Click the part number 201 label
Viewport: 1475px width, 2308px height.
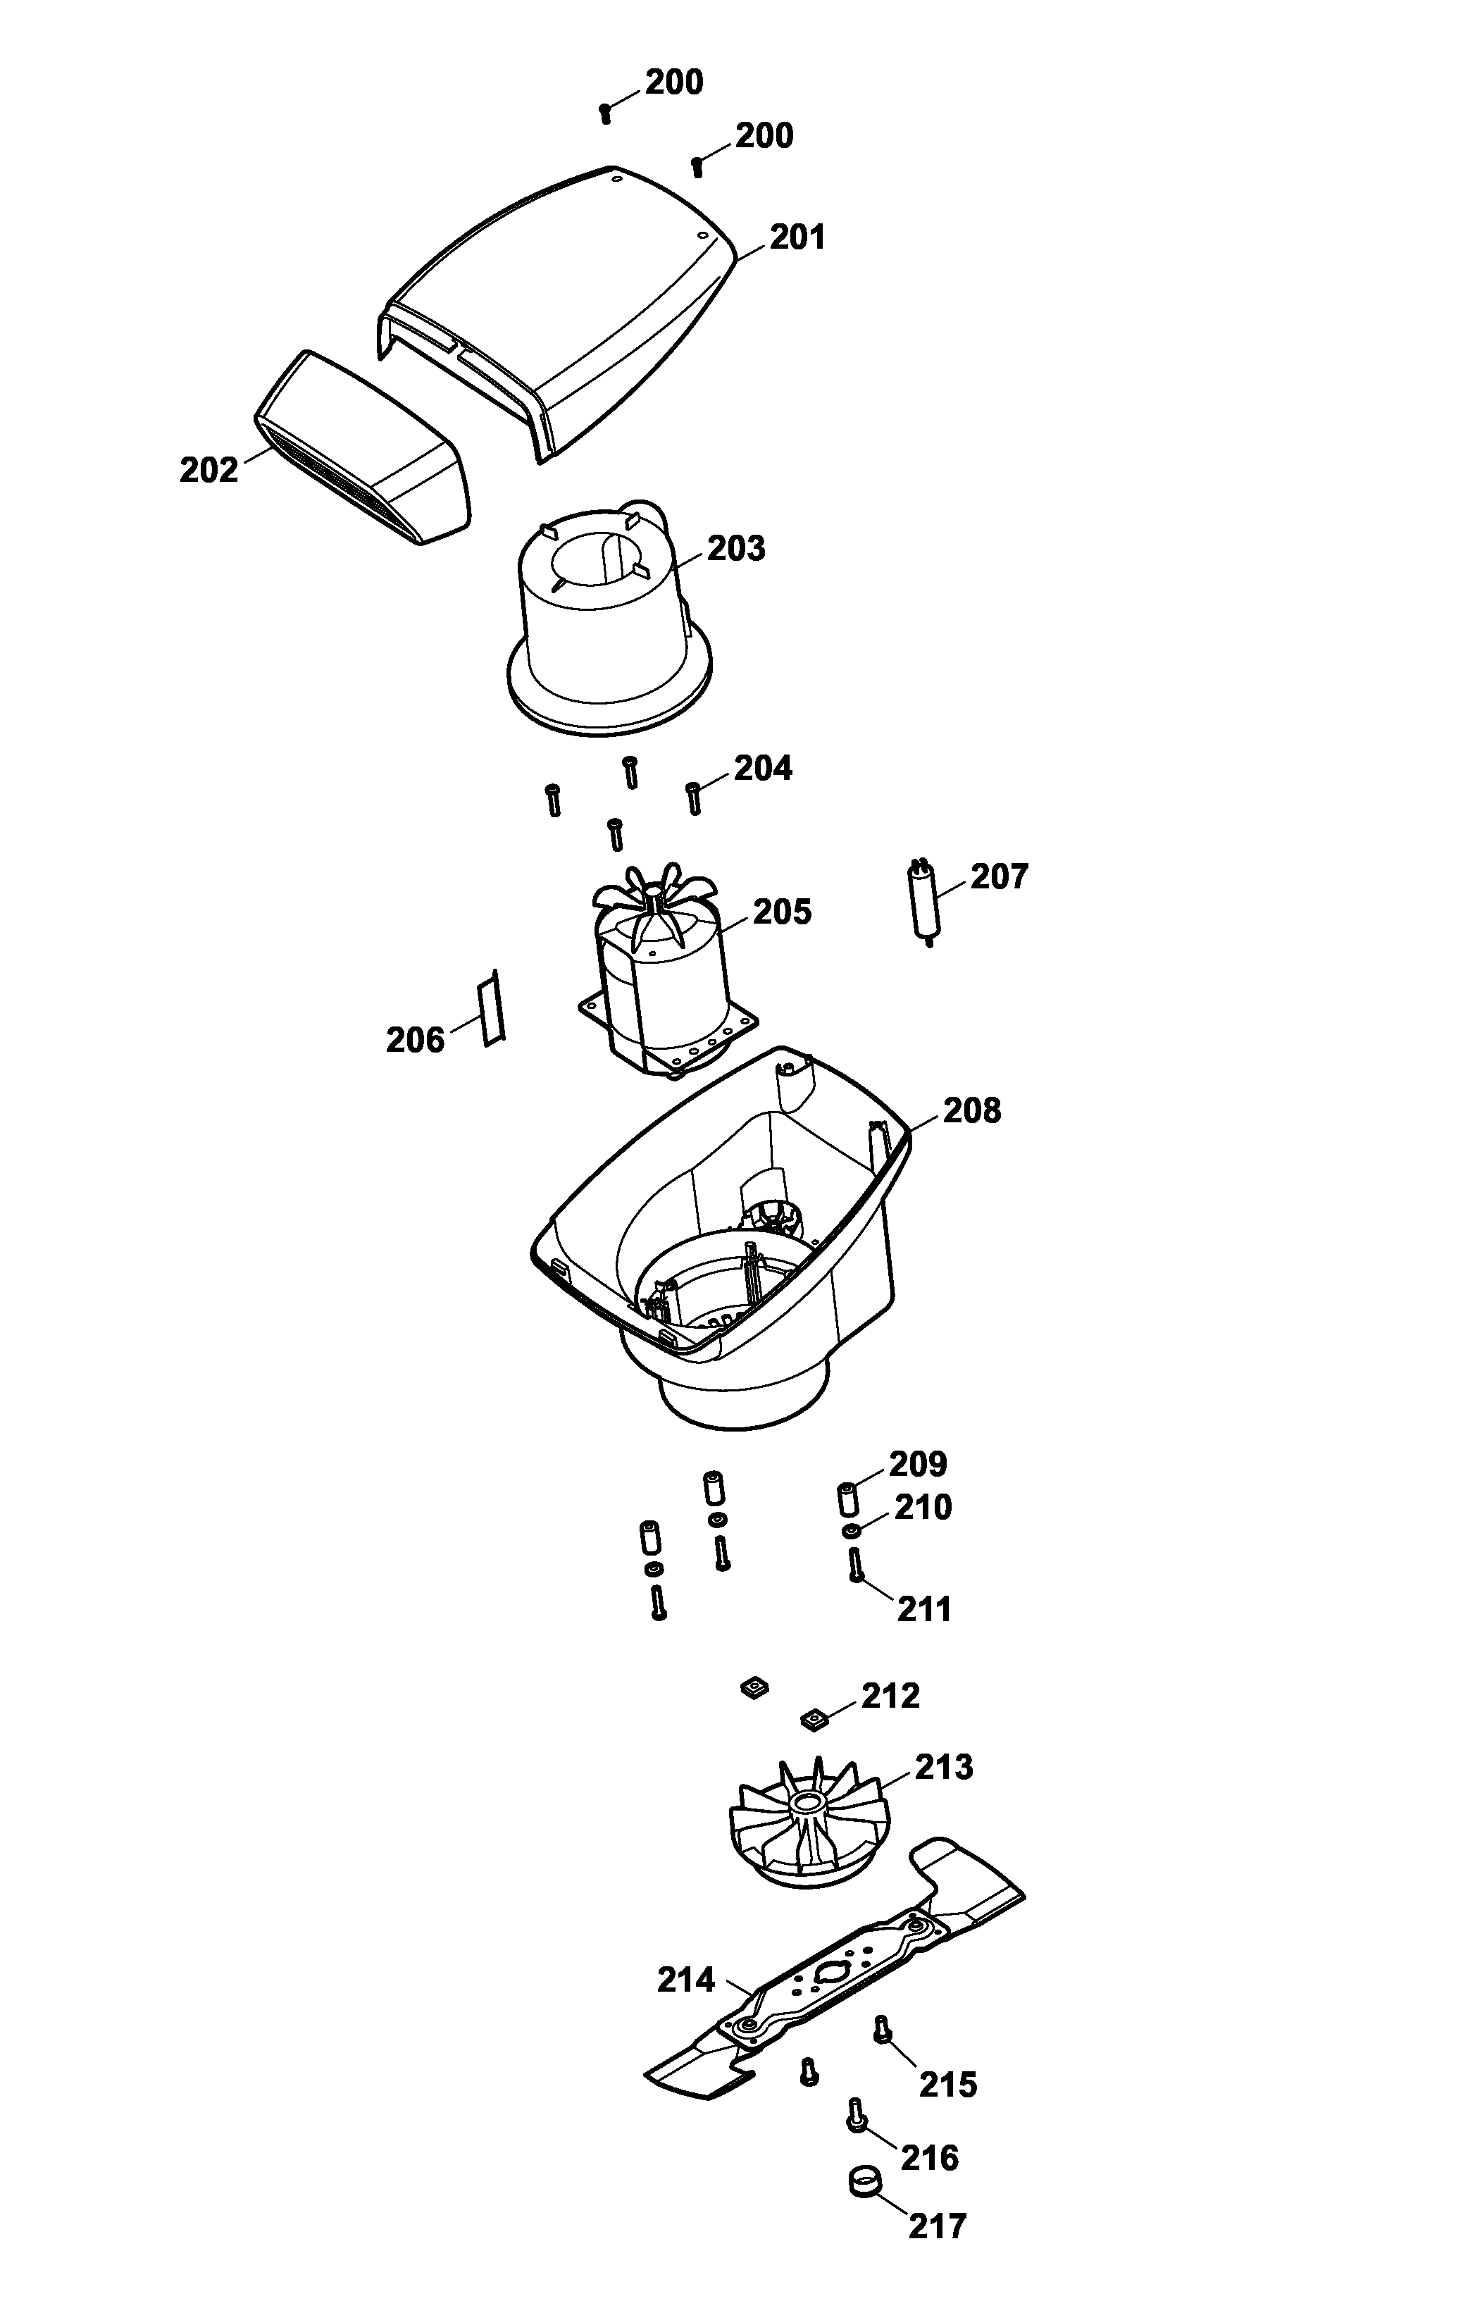coord(797,237)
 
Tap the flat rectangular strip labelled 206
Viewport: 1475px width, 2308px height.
coord(492,1007)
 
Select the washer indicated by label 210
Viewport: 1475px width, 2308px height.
coord(850,1531)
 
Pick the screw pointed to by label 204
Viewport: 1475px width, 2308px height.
coord(693,798)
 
